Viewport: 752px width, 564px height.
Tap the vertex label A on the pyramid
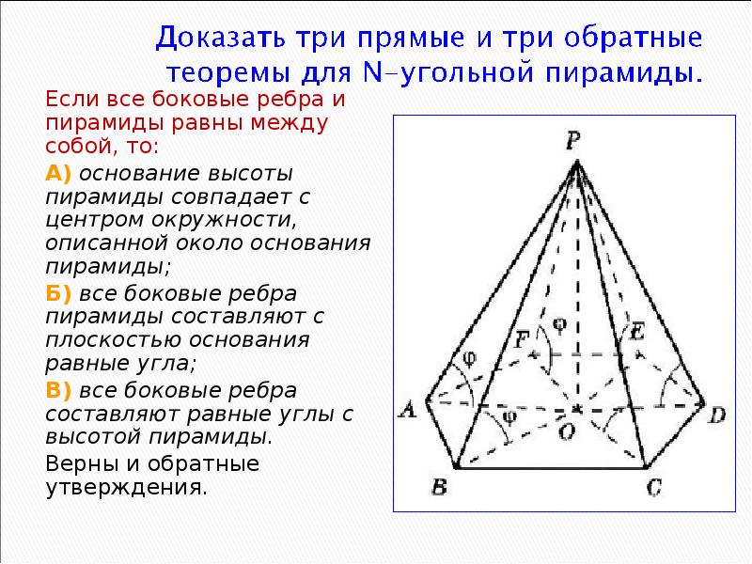point(409,408)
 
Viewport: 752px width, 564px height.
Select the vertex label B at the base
point(438,486)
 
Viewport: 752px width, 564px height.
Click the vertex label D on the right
point(717,415)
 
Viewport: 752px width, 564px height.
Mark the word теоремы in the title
point(216,72)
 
